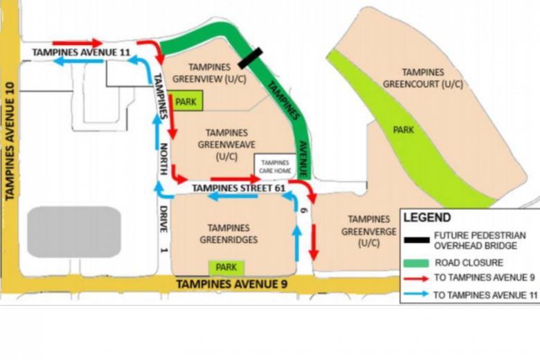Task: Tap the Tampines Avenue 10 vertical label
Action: [10, 142]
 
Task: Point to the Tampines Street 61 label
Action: [229, 188]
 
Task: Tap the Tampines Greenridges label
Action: [228, 234]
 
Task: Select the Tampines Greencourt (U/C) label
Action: [422, 78]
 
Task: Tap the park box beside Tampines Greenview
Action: [186, 102]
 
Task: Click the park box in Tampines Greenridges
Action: [226, 267]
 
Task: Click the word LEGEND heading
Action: [428, 217]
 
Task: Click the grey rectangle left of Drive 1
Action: [74, 232]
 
